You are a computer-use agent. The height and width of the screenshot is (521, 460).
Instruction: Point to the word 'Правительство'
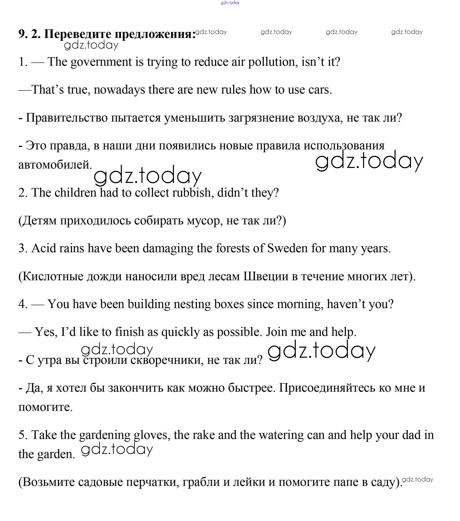tap(67, 118)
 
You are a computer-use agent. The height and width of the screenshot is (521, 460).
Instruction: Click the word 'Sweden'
tap(287, 248)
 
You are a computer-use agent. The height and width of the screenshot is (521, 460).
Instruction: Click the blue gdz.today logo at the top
tap(230, 3)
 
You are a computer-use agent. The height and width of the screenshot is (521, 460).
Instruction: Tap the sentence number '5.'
tap(23, 435)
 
